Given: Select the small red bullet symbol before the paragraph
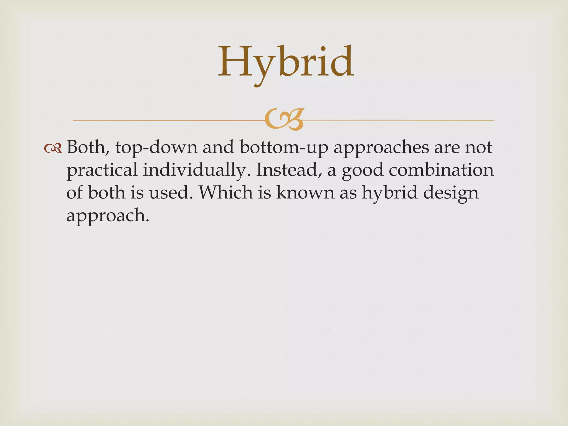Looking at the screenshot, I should [x=53, y=149].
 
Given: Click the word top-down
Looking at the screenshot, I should [x=156, y=148].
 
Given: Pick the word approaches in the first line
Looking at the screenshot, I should [x=381, y=148].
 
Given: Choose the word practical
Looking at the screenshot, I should [x=102, y=170].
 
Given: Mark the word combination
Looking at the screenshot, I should [x=441, y=170].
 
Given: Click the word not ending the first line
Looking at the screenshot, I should [x=479, y=148].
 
